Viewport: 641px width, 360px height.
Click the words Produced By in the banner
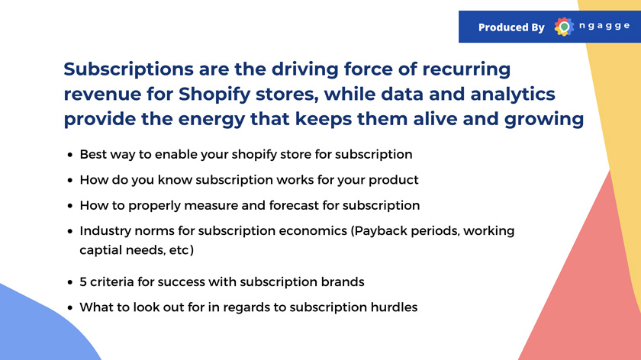point(511,27)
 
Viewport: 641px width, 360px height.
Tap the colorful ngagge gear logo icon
point(564,27)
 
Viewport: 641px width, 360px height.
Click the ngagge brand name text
point(604,26)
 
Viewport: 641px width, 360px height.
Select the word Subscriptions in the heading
point(128,69)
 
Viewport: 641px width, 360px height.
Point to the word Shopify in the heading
point(214,95)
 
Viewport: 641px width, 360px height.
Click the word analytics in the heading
point(513,95)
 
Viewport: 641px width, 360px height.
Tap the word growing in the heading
point(543,120)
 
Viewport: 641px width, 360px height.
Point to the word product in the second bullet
point(393,180)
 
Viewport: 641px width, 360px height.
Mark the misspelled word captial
point(100,250)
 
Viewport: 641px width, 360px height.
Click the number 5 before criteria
point(83,282)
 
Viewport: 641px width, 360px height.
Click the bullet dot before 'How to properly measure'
point(70,205)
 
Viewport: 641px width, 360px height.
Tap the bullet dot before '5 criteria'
point(70,282)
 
